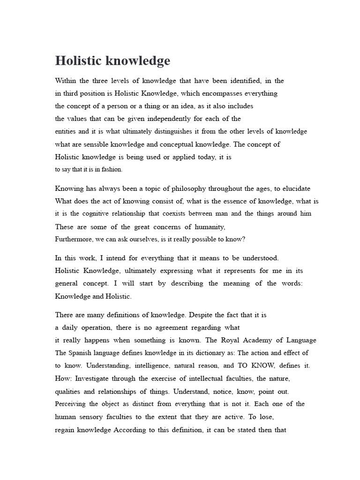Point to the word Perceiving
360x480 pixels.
tap(72, 404)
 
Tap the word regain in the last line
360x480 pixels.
tap(65, 429)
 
